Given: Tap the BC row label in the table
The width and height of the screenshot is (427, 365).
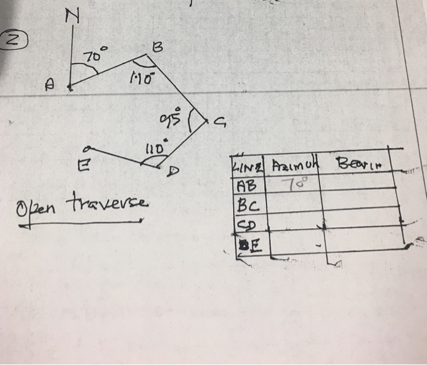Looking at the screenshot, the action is click(246, 200).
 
